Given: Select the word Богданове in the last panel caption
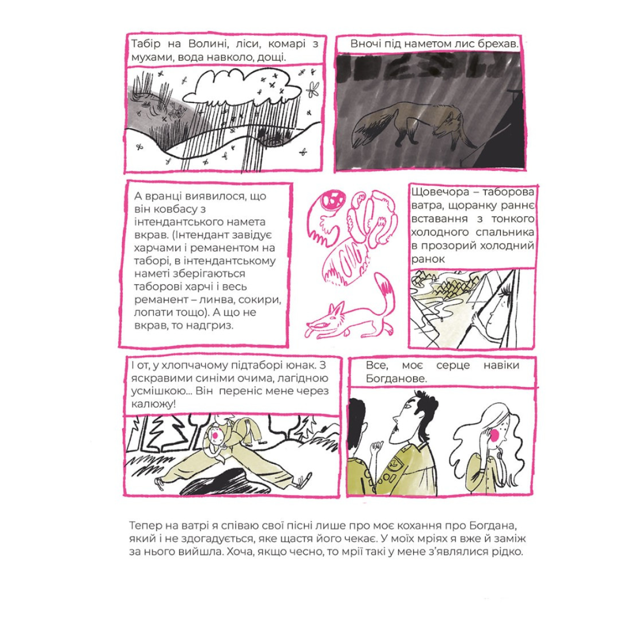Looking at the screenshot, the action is point(396,379).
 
